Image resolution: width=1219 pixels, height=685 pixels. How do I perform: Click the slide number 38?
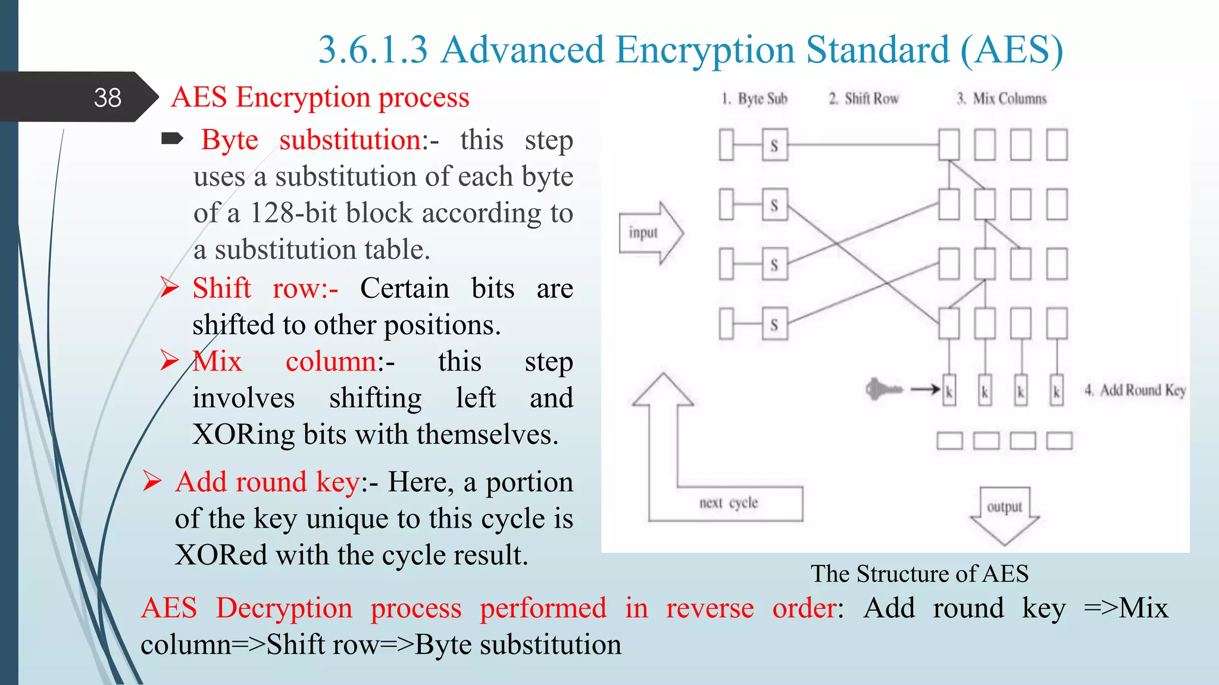(x=107, y=98)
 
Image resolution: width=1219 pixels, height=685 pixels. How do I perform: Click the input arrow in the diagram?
(x=651, y=233)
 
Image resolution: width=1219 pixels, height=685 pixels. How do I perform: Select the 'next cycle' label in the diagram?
(x=728, y=503)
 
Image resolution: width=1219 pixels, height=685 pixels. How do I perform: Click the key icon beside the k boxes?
(x=883, y=390)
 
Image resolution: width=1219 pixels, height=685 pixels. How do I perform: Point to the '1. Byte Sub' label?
(x=755, y=99)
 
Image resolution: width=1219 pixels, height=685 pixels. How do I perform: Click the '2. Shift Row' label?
(x=864, y=99)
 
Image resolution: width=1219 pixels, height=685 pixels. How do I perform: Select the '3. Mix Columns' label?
(x=1002, y=99)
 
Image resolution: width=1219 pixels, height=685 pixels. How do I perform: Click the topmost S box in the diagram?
(x=774, y=145)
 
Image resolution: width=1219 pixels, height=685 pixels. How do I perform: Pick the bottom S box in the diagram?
(x=774, y=324)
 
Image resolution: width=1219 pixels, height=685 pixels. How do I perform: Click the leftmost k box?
(x=949, y=391)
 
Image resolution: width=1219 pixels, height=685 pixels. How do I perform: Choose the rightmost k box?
(x=1057, y=391)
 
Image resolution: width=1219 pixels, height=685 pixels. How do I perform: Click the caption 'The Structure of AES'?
(x=920, y=574)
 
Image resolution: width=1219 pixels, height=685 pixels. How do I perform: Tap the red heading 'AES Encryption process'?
(x=320, y=97)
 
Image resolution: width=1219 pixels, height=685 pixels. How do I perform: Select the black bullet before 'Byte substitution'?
(x=173, y=140)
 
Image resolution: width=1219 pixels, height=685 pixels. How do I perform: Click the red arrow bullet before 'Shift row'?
(x=170, y=288)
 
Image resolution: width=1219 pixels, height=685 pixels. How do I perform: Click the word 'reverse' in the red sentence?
(x=709, y=608)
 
